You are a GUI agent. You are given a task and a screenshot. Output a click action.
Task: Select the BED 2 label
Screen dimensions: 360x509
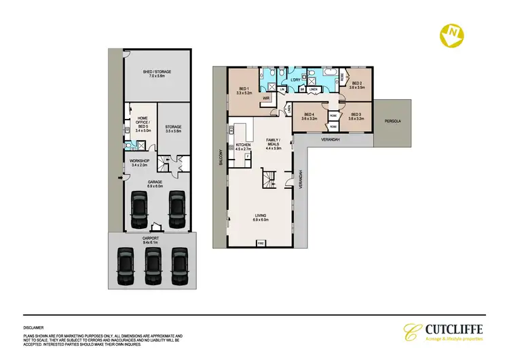[x=356, y=85]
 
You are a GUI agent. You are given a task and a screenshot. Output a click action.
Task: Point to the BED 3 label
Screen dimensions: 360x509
[x=356, y=115]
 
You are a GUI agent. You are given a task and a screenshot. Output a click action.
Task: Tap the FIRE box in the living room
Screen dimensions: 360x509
[x=261, y=242]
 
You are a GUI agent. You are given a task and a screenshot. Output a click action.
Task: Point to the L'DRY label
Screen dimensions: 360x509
[x=296, y=80]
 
